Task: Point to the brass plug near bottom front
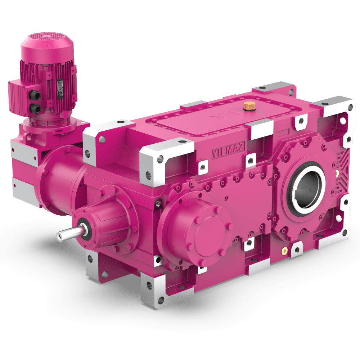285,250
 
